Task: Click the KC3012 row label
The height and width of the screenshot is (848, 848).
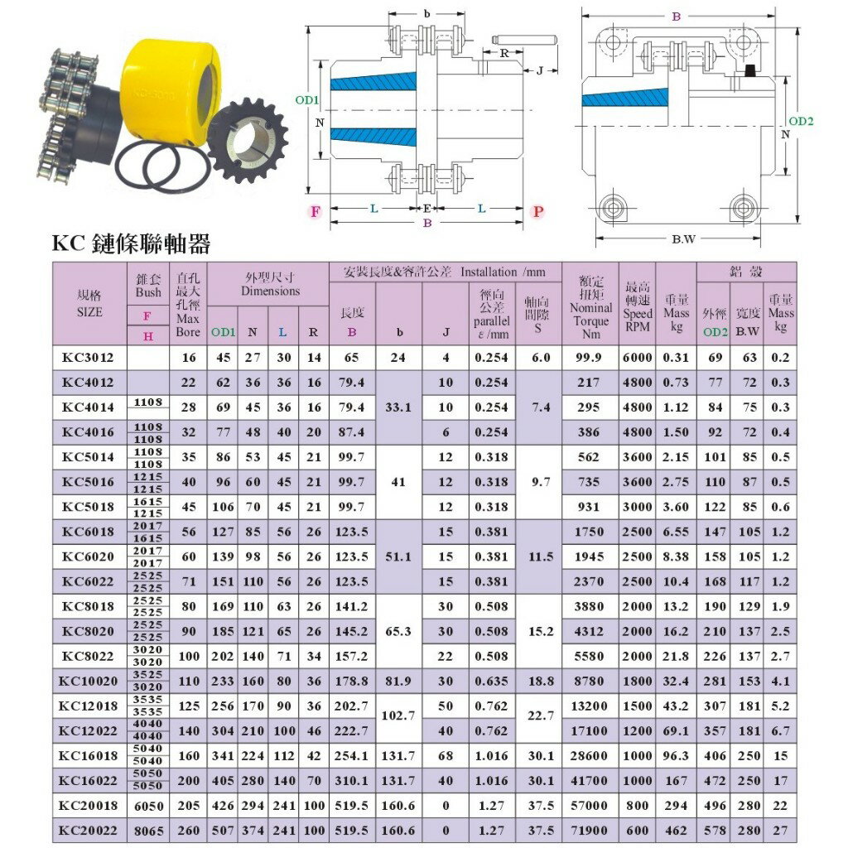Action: [89, 358]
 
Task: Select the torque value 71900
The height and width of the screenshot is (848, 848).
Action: [590, 830]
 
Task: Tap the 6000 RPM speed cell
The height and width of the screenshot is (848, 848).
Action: [638, 358]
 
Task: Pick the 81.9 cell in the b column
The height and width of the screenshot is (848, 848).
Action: [398, 681]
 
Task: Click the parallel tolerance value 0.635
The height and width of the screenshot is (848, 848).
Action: [491, 681]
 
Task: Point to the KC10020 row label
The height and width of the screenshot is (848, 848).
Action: [89, 681]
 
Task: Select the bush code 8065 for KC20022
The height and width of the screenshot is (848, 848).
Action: [148, 830]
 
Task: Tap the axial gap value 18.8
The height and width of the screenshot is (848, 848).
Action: [540, 681]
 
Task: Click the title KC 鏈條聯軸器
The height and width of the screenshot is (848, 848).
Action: [131, 243]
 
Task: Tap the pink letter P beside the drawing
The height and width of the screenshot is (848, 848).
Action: [537, 211]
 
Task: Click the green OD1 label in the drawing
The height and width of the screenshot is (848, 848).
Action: [306, 100]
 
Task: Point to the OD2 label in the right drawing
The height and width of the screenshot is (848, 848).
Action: [801, 121]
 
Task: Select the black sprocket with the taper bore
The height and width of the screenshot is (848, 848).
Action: [246, 138]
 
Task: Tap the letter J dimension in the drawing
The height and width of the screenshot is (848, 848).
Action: [540, 71]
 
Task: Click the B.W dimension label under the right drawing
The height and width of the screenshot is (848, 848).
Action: [683, 240]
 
